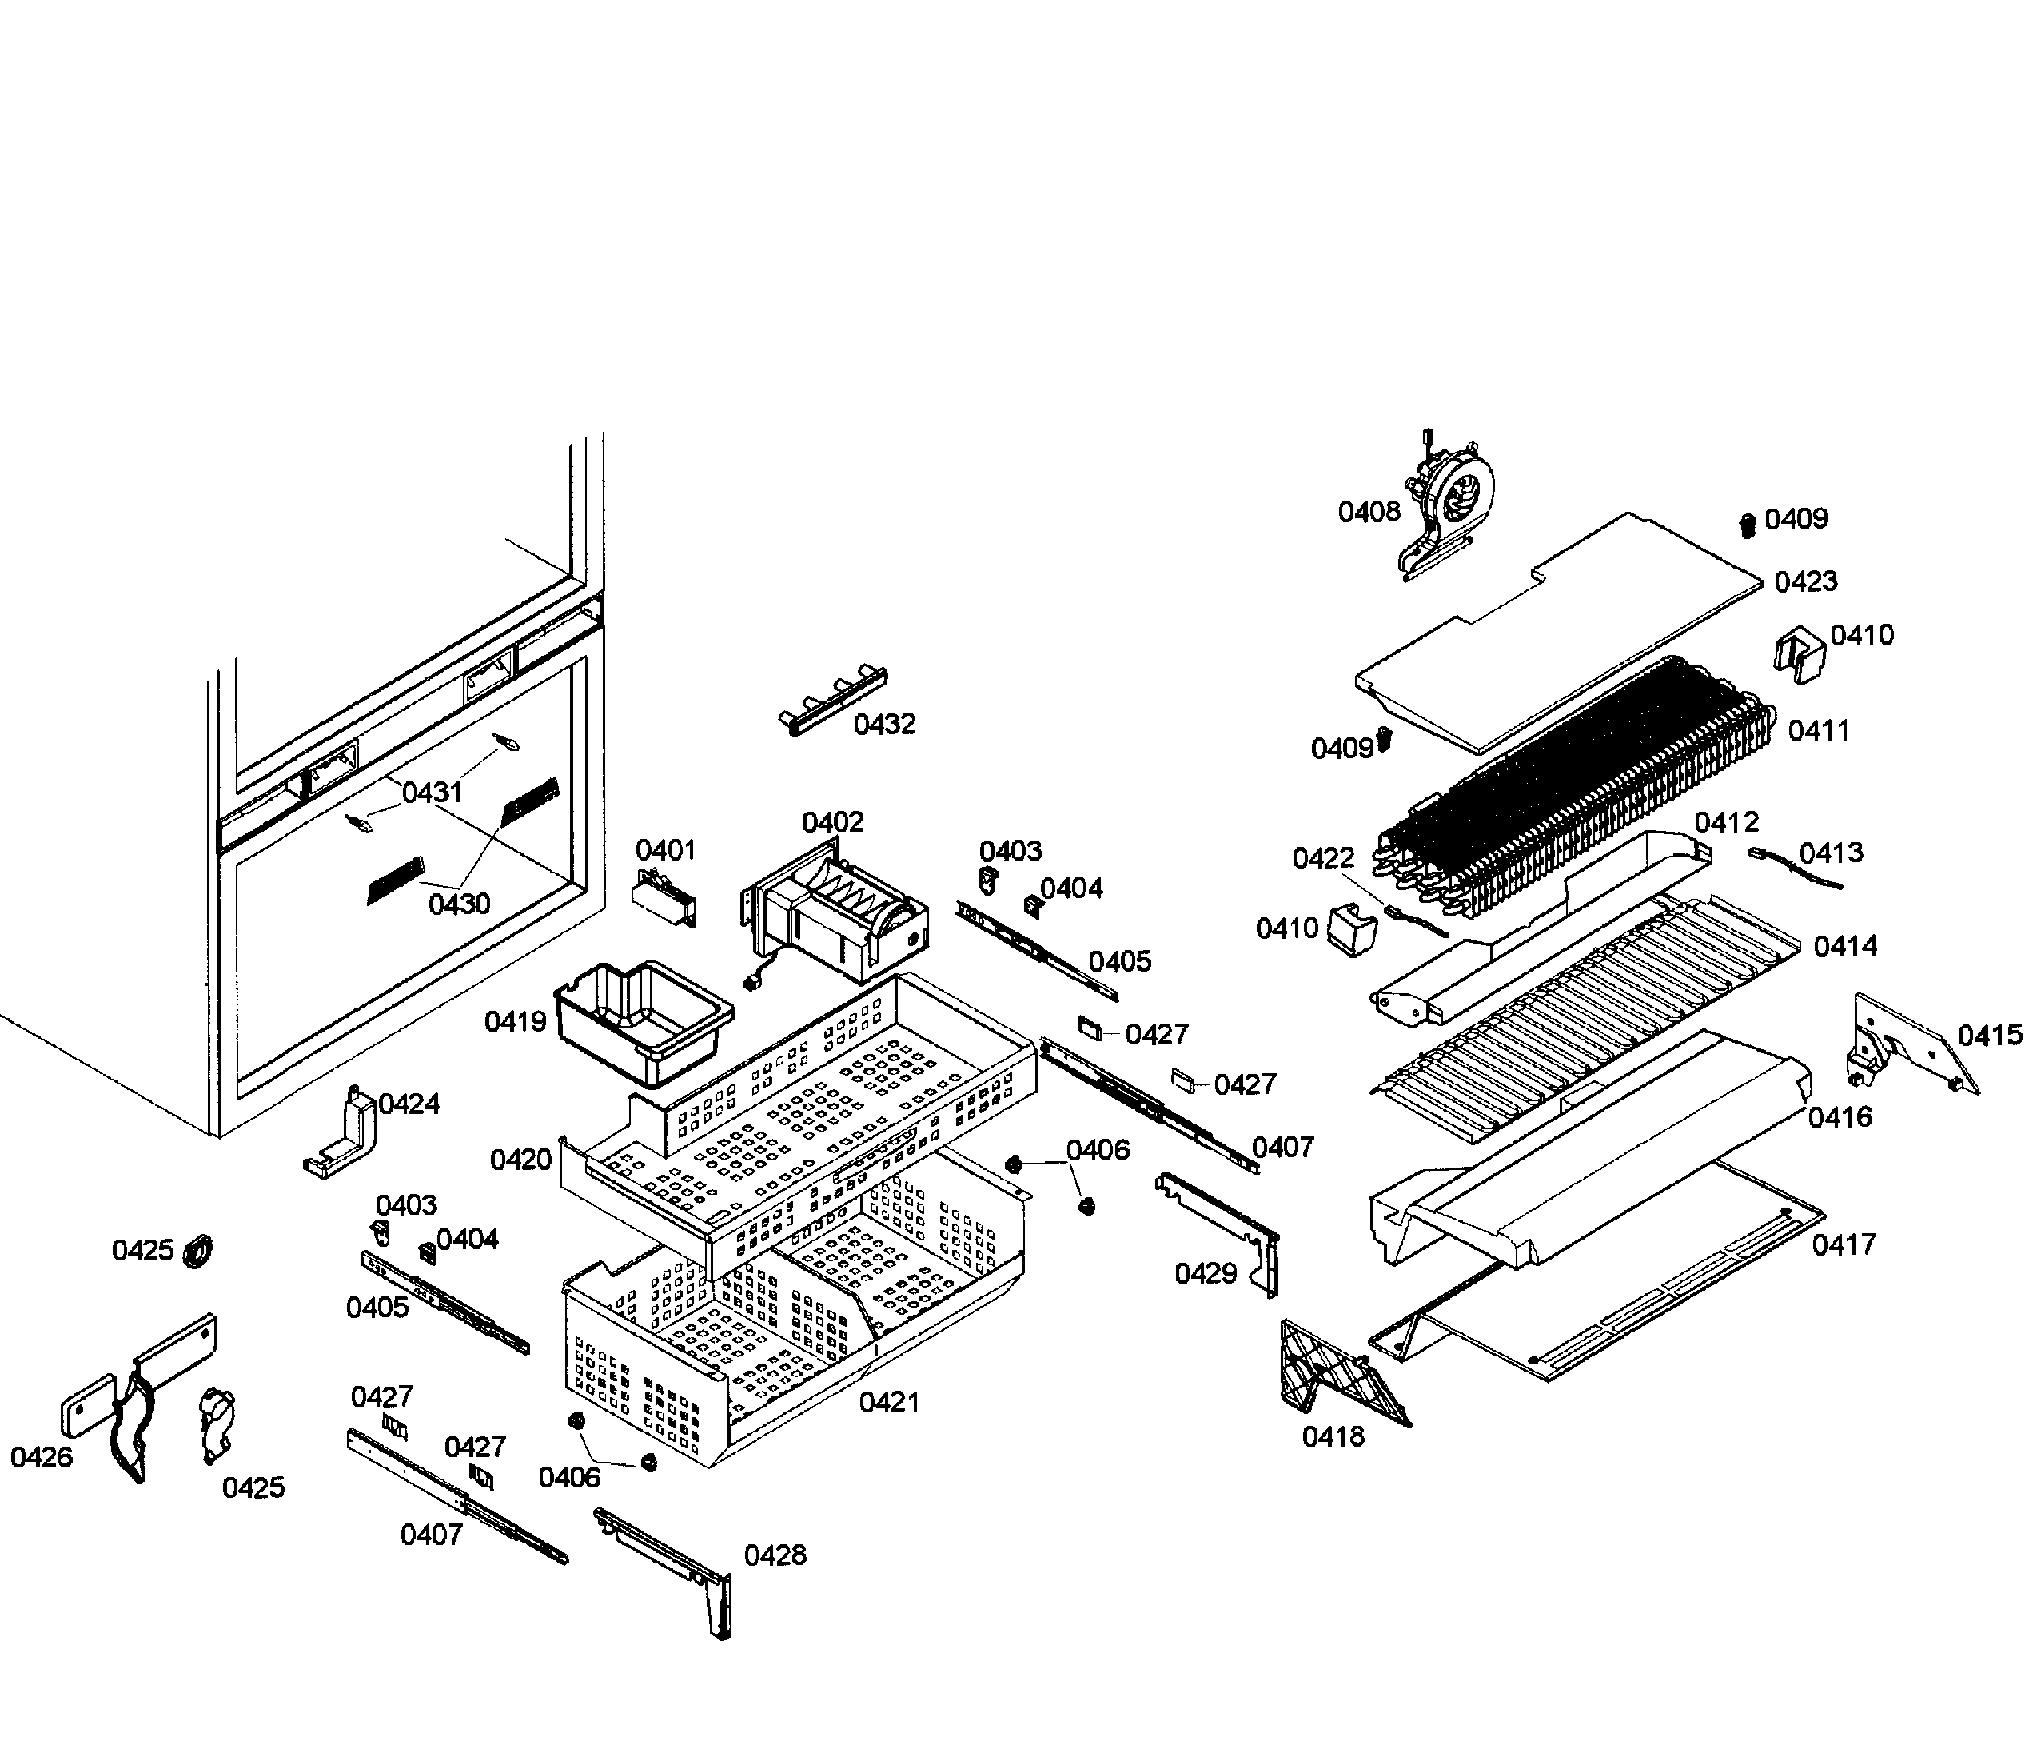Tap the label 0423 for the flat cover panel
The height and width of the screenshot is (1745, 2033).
point(1805,581)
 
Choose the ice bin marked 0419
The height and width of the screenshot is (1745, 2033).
point(643,1020)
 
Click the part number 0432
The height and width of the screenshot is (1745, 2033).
point(884,725)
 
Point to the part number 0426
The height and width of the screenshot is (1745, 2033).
point(42,1457)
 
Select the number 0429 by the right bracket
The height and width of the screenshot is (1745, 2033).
point(1205,1274)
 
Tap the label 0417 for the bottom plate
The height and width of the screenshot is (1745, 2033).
point(1844,1244)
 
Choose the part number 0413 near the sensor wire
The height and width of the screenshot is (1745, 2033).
point(1831,852)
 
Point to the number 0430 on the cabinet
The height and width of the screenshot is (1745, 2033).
point(459,903)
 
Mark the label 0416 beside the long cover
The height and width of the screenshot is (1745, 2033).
point(1840,1117)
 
